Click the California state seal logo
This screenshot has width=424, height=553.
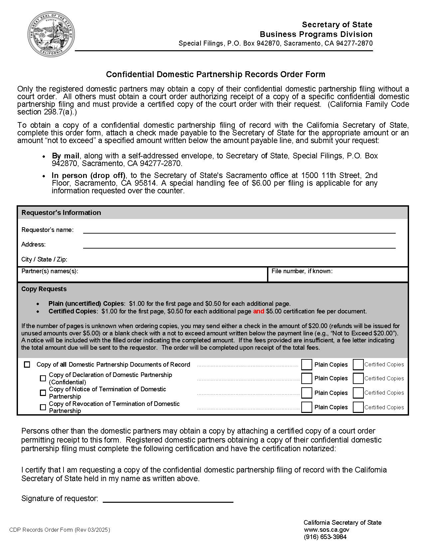pos(51,34)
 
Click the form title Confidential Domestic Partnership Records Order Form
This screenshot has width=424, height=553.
pos(215,74)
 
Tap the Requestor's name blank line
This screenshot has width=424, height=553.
pos(239,230)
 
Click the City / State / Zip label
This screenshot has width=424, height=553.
pos(44,259)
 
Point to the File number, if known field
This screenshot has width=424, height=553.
pos(338,275)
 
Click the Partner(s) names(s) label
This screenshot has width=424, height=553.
pos(50,271)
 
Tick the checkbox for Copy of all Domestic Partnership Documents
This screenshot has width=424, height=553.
pos(27,365)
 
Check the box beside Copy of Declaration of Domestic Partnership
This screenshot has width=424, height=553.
pos(43,379)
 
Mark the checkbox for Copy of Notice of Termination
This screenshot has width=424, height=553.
pos(43,393)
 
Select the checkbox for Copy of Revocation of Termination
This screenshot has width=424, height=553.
pos(43,407)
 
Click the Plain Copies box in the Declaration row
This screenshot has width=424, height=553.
pos(306,379)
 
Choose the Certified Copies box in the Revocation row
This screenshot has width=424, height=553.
pos(358,407)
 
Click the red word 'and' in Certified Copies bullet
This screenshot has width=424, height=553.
pos(258,311)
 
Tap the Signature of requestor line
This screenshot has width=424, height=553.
pos(168,499)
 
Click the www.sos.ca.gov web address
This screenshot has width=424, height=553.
pos(326,530)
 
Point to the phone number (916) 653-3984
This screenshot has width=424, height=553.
pos(325,537)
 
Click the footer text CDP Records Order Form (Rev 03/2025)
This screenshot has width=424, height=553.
pos(60,530)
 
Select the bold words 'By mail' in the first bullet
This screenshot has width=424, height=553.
pos(66,156)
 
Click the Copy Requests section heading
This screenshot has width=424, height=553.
pos(44,289)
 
